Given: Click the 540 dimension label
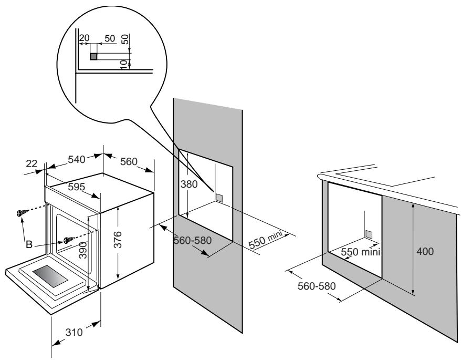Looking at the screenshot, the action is coord(77,160).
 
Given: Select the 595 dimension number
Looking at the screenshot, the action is coord(76,187).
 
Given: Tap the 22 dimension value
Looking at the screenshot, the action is coord(32,163).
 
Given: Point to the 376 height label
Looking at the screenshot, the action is coord(118,240).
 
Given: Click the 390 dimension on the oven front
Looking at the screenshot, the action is coord(83,250).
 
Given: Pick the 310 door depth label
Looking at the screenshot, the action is coord(74,332).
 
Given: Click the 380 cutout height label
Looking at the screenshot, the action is coord(189,184).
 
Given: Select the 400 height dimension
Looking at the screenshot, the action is coord(425,251).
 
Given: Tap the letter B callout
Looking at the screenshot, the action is coord(29,244).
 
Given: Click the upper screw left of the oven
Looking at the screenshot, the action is coord(22,212).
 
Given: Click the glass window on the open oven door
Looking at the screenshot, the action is coord(50,276).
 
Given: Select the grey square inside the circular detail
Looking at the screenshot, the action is coord(93,57).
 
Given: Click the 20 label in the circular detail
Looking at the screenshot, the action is coord(84,38).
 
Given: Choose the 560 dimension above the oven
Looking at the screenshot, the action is coord(129,161).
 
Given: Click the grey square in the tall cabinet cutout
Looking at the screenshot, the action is coord(219,198).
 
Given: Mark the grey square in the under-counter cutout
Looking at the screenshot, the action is coord(369,234).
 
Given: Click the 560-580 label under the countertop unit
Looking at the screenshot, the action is coord(317,286).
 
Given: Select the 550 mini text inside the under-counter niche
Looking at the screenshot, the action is coord(360,252).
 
